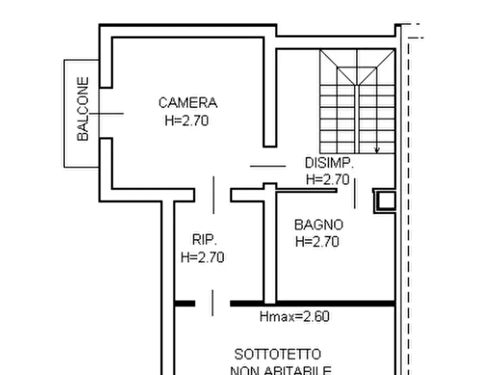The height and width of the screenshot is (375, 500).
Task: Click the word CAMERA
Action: [188, 103]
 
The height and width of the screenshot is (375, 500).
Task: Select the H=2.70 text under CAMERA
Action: [186, 120]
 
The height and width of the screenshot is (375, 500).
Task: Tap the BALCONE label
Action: [83, 109]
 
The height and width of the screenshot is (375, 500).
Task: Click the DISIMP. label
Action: [329, 163]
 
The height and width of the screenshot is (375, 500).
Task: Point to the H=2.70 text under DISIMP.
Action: [328, 179]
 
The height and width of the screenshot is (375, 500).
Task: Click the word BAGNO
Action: [319, 225]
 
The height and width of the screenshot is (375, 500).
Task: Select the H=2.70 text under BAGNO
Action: [317, 242]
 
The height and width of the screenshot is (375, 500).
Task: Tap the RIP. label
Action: [204, 240]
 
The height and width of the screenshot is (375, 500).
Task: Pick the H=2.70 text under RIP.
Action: [202, 257]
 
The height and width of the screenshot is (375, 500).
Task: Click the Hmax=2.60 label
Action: [294, 317]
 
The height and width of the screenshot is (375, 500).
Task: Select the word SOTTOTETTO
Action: [278, 355]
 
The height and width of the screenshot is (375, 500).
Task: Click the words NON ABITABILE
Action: [281, 370]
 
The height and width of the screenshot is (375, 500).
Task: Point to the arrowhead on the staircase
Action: [377, 149]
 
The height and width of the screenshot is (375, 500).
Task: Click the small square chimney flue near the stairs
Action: [385, 200]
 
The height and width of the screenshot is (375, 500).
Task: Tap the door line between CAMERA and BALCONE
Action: [106, 114]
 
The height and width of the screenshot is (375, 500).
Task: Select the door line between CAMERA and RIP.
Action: [213, 195]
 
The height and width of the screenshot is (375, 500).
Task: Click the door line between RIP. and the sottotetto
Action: [212, 303]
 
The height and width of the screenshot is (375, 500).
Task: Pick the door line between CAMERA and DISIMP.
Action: [268, 166]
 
